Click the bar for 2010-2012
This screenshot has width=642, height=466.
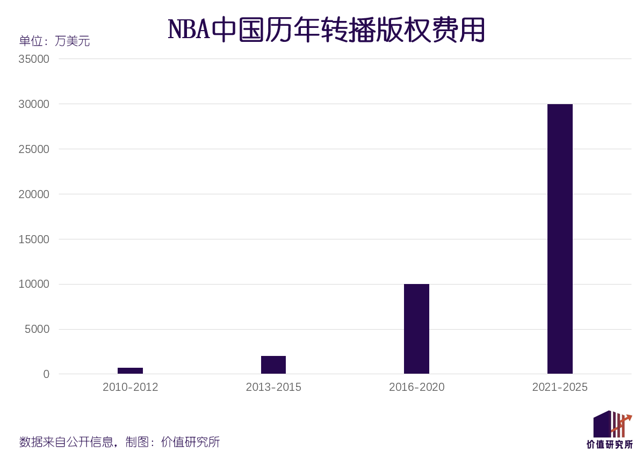coord(130,370)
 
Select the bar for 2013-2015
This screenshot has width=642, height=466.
coord(273,365)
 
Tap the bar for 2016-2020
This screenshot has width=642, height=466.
coord(416,329)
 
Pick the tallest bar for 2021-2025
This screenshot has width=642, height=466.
coord(560,239)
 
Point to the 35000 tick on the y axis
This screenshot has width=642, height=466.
coord(34,59)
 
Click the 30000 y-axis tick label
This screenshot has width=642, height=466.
coord(34,104)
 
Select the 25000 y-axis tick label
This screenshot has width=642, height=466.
coord(34,149)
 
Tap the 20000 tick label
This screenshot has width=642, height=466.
coord(34,194)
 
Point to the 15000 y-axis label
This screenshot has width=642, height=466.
coord(34,239)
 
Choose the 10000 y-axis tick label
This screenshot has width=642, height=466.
coord(34,284)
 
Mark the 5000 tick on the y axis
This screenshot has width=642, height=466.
coord(37,329)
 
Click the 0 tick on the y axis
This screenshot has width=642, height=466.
coord(46,374)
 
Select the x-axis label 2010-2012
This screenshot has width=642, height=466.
coord(130,387)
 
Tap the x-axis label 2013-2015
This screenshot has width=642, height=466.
coord(273,387)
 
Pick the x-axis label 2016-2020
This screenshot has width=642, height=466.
coord(416,387)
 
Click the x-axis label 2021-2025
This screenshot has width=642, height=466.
coord(560,387)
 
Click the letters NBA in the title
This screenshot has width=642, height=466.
coord(189,30)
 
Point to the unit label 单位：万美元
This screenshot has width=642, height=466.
coord(54,41)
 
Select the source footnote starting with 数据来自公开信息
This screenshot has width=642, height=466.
coord(119,442)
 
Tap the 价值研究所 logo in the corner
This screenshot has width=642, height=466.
coord(610,429)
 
